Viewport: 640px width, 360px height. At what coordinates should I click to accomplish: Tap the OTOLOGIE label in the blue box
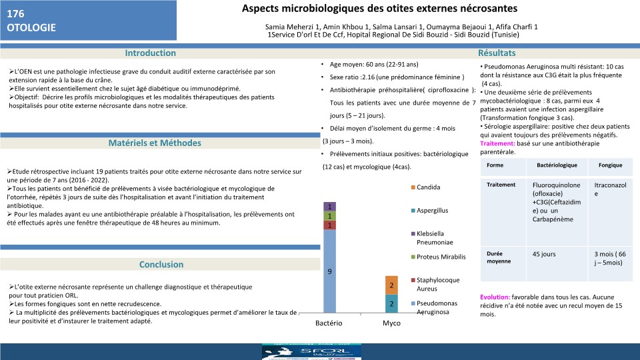coord(31,28)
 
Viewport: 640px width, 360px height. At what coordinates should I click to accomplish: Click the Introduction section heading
coord(150,53)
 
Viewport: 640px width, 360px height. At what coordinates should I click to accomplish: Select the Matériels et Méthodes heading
coord(154,143)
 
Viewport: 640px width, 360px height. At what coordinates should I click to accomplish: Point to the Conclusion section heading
coord(161,265)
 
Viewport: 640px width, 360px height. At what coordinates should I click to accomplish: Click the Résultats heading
coord(497,53)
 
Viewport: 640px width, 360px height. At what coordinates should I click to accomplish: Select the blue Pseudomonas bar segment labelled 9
coord(329,271)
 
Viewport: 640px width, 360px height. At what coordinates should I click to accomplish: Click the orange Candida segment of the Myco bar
coord(392,285)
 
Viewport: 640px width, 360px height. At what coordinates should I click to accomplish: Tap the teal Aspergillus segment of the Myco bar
coord(392,303)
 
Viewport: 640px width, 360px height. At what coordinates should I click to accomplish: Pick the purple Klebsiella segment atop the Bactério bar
coord(329,206)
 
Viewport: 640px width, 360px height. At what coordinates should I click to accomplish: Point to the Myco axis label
coord(391,323)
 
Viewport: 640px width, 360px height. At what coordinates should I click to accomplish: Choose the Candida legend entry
coord(428,187)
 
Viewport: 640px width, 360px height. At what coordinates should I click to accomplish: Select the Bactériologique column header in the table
coord(554,165)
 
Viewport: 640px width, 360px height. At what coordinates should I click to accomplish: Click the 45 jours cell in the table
coord(544,254)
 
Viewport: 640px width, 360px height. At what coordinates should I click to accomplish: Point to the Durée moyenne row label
coord(499,257)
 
